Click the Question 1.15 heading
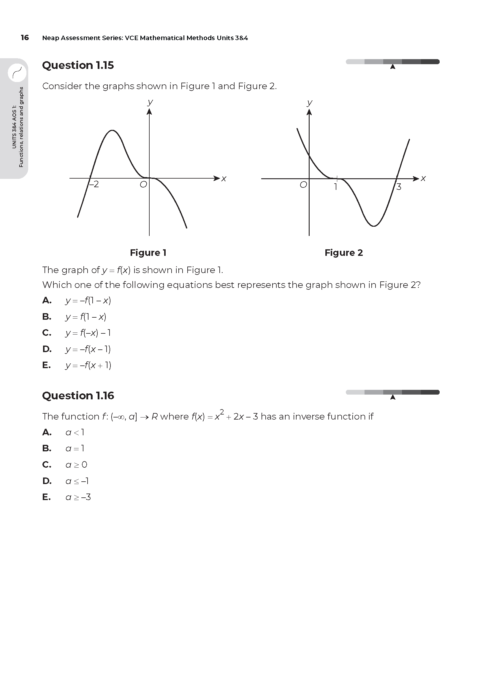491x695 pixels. point(78,65)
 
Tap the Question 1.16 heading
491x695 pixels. point(78,395)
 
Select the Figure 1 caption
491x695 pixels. point(148,253)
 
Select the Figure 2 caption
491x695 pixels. point(343,253)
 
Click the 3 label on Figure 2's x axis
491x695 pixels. point(399,187)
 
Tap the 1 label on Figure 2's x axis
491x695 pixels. point(335,187)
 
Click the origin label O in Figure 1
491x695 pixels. point(143,184)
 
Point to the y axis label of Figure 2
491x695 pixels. point(309,102)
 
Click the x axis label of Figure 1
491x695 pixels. point(224,179)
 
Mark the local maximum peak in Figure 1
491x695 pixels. point(112,130)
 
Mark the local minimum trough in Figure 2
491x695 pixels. point(374,226)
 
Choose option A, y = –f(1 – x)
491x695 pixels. point(88,301)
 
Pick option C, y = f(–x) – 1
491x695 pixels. point(88,333)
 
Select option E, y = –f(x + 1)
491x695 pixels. point(88,365)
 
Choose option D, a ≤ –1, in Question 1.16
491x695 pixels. point(77,481)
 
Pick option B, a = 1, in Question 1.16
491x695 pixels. point(75,448)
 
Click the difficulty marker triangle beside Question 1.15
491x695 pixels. point(393,67)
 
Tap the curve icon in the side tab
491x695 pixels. point(17,73)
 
